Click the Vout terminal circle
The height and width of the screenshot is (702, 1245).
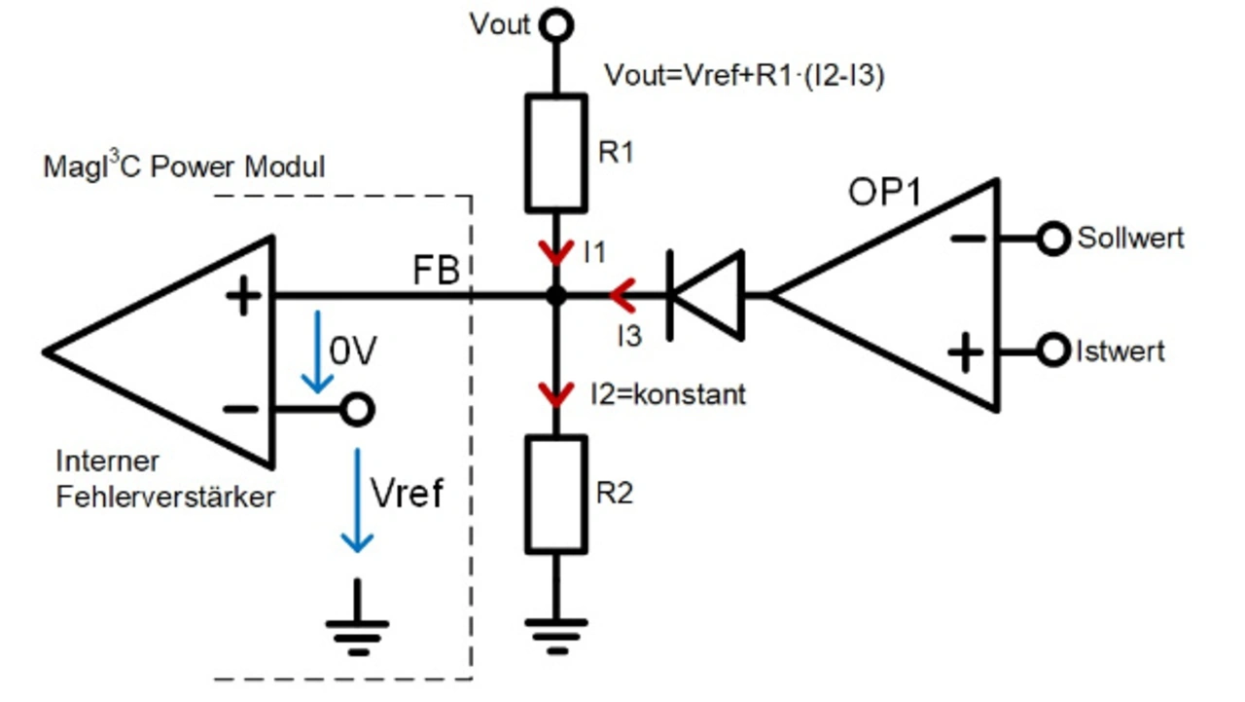(x=556, y=24)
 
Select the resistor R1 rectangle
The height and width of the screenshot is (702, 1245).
(x=556, y=153)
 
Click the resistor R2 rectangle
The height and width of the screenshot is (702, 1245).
(x=556, y=493)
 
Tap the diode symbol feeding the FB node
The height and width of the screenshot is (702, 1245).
(x=707, y=294)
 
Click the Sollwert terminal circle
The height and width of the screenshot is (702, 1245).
(x=1052, y=239)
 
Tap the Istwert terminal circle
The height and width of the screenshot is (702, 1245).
(x=1052, y=351)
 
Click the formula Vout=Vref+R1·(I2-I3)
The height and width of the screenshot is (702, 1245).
(x=744, y=76)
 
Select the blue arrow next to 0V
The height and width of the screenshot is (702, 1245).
(x=315, y=352)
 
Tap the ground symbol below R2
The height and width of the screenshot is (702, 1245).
(x=556, y=632)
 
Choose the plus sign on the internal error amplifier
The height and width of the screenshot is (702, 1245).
(x=242, y=295)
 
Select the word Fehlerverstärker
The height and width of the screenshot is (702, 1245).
(x=165, y=497)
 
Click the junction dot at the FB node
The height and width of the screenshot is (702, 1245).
(x=556, y=295)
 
